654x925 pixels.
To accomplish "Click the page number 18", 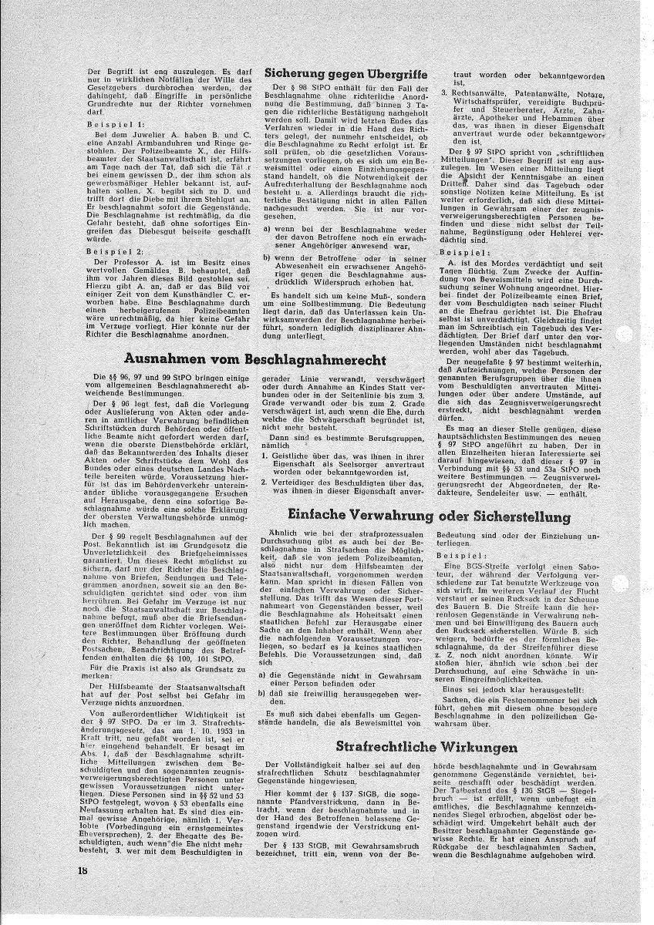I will pos(83,891).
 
